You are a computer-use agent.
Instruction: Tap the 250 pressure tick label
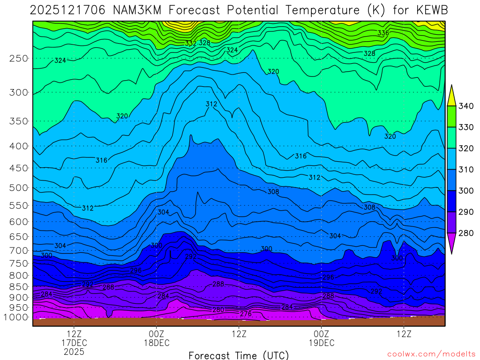[x=19, y=58]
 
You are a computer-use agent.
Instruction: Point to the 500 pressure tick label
[x=19, y=187]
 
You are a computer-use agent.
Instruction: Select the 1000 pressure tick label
[x=16, y=317]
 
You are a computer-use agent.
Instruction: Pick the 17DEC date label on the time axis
[x=75, y=343]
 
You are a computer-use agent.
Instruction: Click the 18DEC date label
[x=157, y=343]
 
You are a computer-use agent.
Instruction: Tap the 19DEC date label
[x=322, y=343]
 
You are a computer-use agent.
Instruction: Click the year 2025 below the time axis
[x=75, y=351]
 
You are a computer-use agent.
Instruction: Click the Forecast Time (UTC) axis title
[x=239, y=355]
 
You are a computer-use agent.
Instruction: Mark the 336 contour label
[x=383, y=33]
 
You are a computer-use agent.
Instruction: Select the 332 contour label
[x=190, y=43]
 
